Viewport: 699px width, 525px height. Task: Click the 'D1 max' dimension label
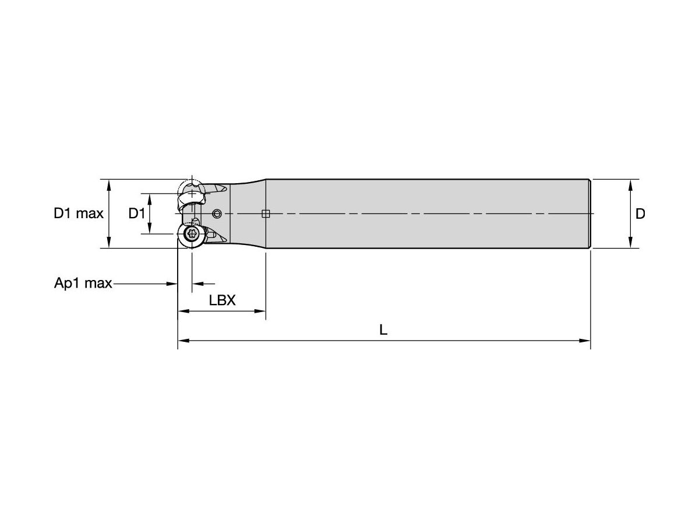point(79,213)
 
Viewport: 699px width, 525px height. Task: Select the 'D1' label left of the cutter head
point(136,213)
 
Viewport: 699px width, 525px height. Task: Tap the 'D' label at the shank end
point(640,214)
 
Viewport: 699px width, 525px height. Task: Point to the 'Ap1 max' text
point(83,283)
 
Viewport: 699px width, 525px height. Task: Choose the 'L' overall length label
point(383,330)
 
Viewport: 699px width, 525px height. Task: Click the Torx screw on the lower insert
point(192,235)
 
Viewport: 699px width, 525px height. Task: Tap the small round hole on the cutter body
point(217,213)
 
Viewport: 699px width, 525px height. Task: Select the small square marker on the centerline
point(266,213)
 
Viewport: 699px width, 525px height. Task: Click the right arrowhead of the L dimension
point(586,340)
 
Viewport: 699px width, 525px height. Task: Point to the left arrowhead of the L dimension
point(182,340)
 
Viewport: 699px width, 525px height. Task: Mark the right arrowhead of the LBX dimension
point(261,311)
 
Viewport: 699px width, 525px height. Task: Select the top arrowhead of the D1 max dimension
point(109,184)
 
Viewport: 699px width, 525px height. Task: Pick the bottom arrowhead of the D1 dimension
point(150,229)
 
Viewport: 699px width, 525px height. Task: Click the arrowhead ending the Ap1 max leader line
point(173,283)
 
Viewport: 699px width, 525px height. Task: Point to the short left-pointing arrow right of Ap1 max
point(196,283)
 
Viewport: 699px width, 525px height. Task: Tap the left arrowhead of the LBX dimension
point(182,311)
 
